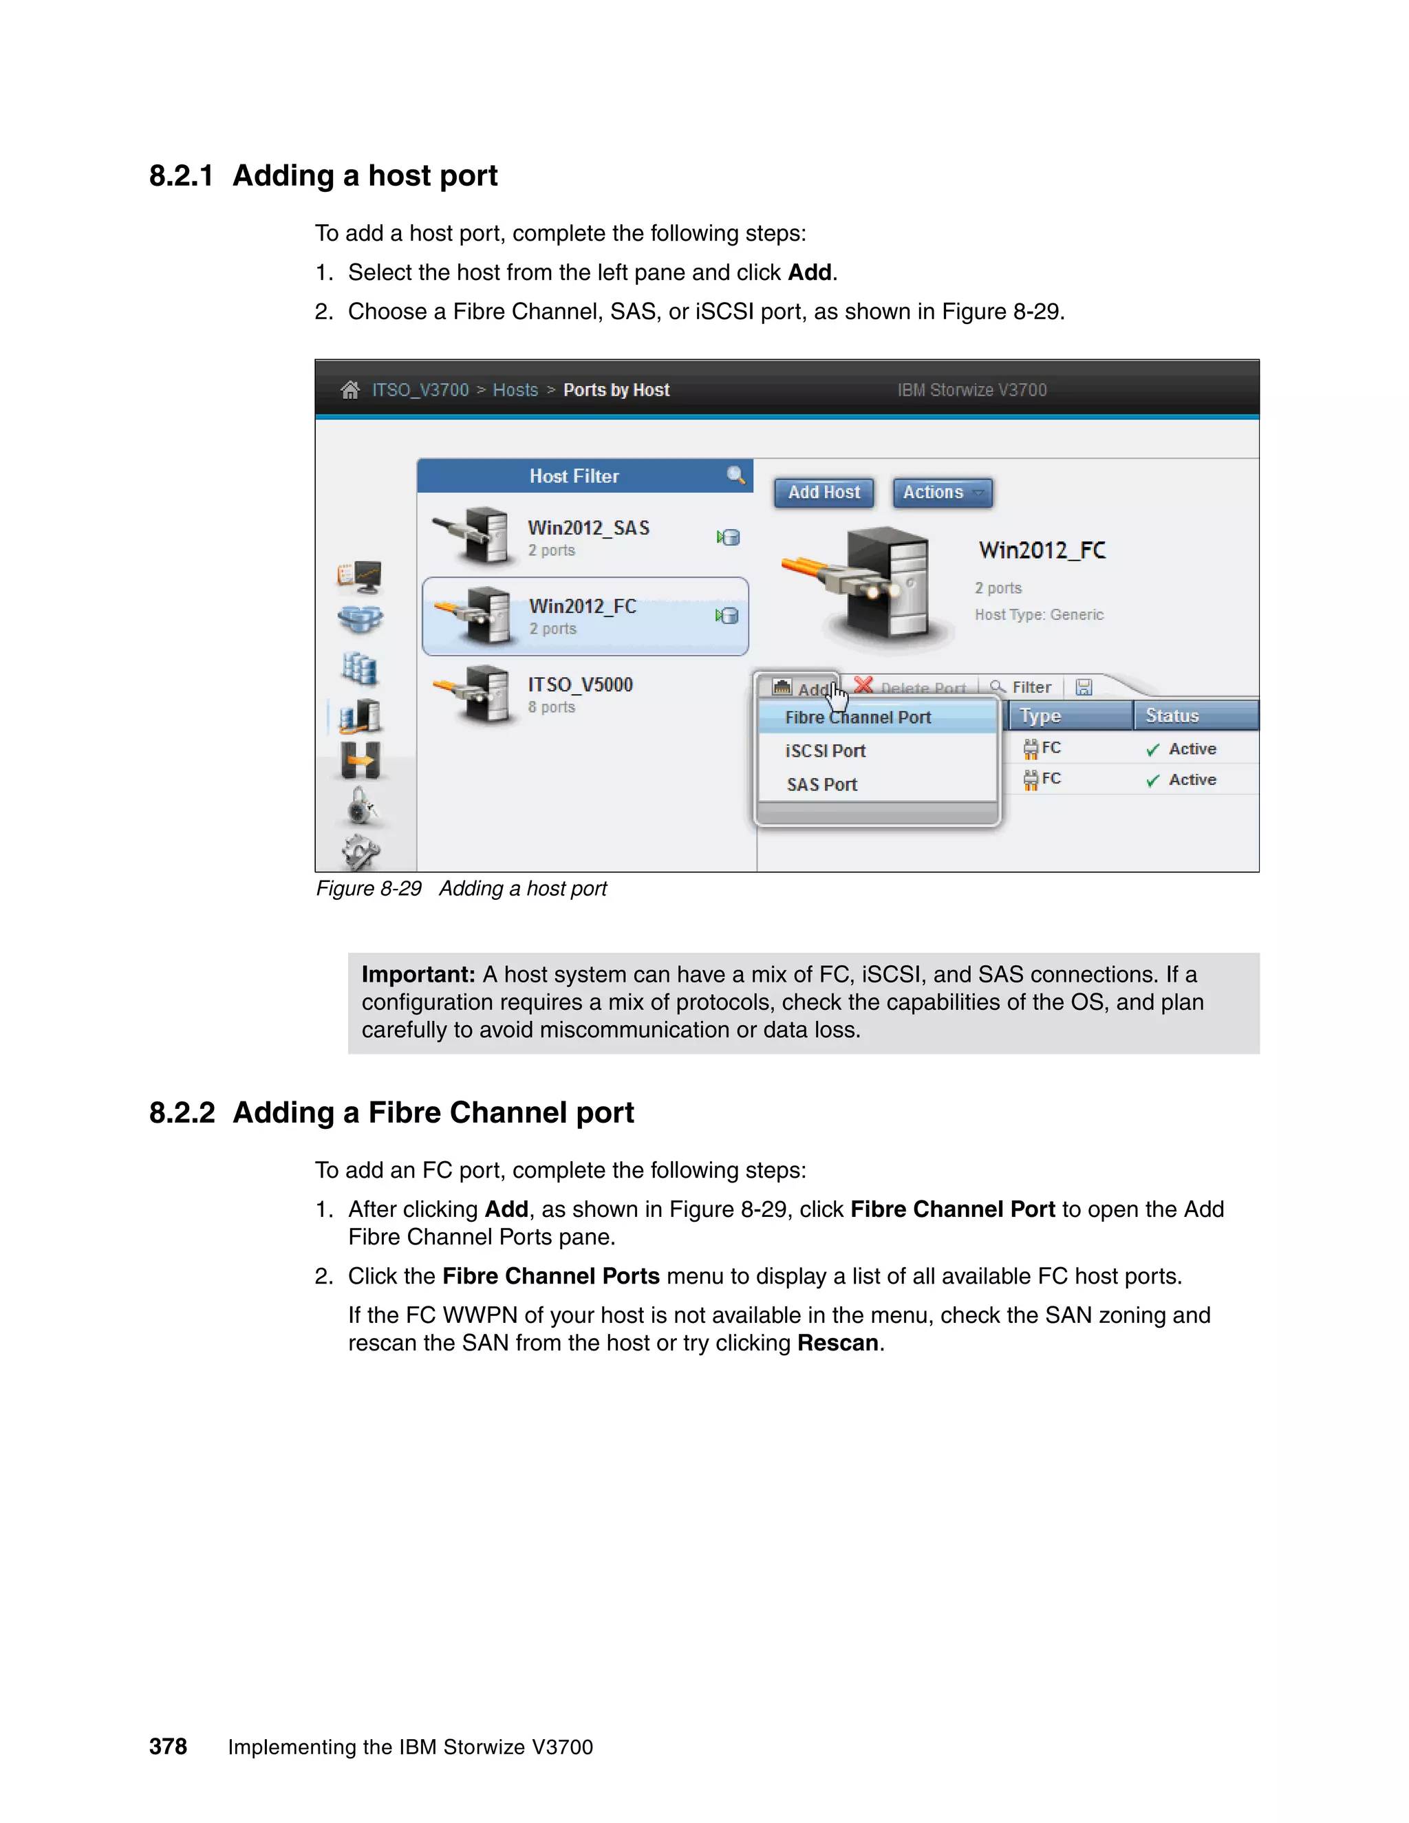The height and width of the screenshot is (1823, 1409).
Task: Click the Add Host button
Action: point(823,493)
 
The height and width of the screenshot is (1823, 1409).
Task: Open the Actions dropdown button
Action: point(942,493)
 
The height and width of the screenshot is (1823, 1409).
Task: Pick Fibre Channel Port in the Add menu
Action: point(857,717)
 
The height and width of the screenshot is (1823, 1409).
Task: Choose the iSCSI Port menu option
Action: point(825,751)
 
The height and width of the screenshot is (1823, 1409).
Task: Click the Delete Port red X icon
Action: point(863,685)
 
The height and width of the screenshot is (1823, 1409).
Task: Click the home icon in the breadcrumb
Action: point(349,390)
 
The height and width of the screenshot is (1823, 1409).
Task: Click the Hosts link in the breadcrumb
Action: point(515,390)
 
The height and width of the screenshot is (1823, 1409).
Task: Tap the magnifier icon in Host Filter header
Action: point(735,475)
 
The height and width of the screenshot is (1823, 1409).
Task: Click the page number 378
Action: point(168,1746)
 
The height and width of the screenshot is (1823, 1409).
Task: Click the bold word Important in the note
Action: point(418,974)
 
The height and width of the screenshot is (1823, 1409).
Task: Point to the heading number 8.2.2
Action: point(181,1112)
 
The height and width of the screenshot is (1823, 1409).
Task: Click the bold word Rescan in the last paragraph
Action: point(837,1342)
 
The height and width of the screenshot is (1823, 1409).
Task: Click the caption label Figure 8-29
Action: point(368,888)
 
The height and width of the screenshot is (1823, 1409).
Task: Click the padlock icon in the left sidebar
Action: point(361,806)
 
